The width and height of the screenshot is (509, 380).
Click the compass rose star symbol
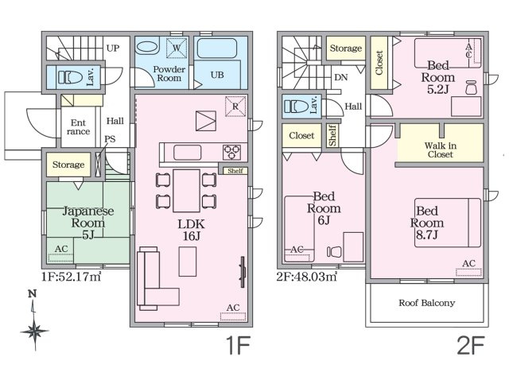(x=34, y=331)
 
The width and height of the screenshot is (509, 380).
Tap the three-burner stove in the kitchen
(x=231, y=153)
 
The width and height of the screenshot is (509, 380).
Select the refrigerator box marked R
(x=235, y=107)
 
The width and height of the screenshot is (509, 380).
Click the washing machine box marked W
(x=177, y=48)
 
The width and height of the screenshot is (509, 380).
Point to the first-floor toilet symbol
(x=70, y=77)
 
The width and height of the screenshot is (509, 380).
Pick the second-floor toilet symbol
(x=297, y=106)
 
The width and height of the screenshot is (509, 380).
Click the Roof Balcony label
(x=426, y=303)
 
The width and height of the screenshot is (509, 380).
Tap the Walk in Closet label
(x=440, y=150)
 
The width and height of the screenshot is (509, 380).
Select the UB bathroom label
(x=217, y=75)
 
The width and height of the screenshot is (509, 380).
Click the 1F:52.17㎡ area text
(x=72, y=277)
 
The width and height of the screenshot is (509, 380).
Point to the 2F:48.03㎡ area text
(x=307, y=277)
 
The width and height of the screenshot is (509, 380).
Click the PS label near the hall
(x=110, y=139)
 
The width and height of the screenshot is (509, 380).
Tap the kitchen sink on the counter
(x=188, y=153)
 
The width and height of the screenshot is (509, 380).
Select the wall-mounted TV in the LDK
(x=243, y=272)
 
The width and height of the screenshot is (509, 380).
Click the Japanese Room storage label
(x=68, y=165)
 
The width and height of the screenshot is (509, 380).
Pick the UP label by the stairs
(x=113, y=48)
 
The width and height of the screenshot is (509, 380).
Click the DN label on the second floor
(x=341, y=77)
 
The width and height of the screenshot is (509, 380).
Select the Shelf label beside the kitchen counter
(x=235, y=171)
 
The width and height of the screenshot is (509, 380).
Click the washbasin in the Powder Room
(x=146, y=47)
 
